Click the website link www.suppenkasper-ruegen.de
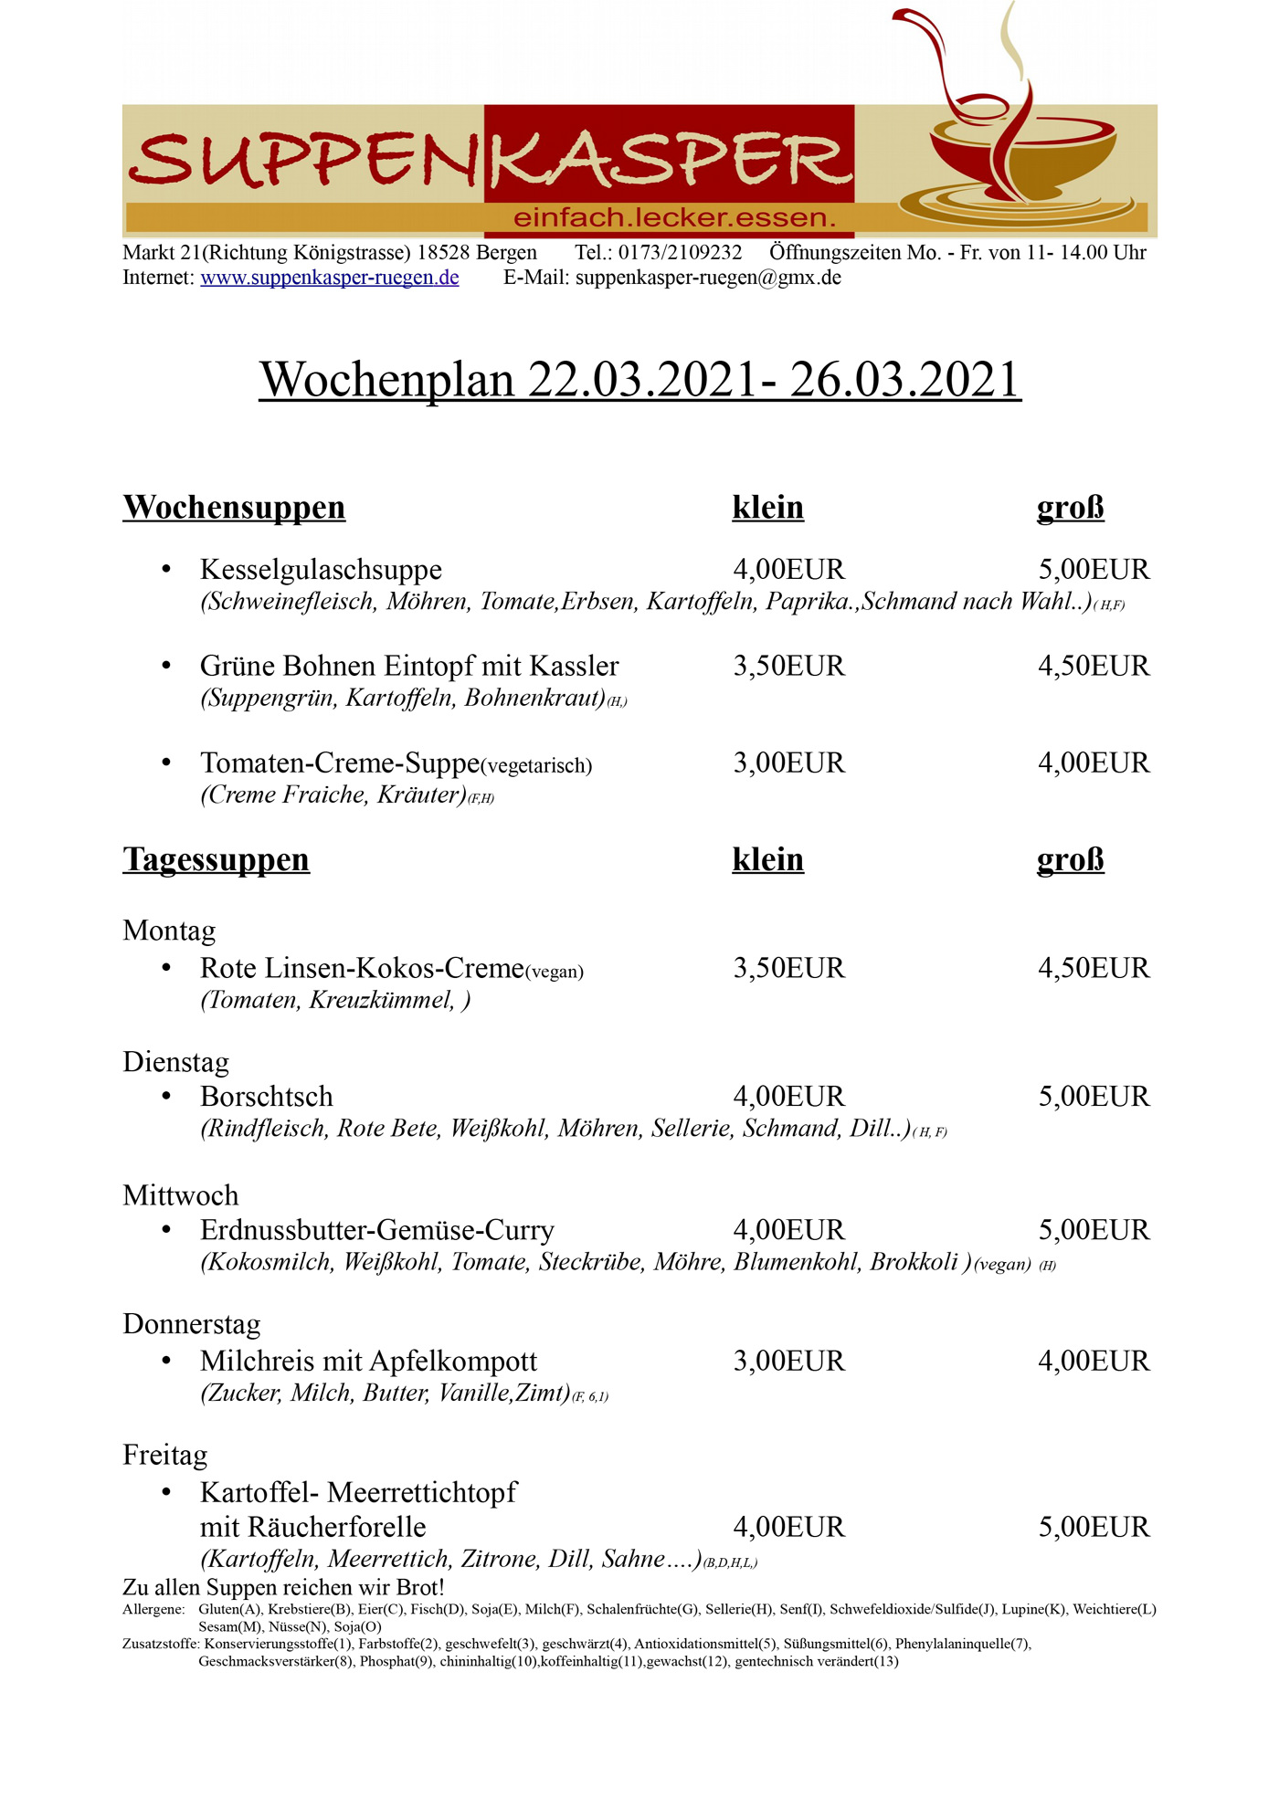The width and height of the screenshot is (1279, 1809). [329, 278]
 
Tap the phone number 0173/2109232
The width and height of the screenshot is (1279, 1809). [680, 253]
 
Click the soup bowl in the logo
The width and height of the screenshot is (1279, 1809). [1022, 155]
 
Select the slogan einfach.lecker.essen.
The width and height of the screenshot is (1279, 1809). [674, 218]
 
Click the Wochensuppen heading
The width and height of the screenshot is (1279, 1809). [234, 508]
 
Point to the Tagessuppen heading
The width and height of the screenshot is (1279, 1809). [217, 860]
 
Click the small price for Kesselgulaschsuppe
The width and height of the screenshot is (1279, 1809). [788, 570]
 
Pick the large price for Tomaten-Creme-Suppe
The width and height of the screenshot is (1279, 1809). [1094, 763]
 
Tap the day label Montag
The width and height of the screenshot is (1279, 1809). [169, 931]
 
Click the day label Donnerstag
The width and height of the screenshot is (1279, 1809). [192, 1324]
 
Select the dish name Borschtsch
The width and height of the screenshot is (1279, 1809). [267, 1097]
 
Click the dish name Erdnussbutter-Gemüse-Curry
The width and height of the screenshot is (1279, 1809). [377, 1231]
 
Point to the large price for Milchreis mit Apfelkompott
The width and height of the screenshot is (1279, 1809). [1094, 1362]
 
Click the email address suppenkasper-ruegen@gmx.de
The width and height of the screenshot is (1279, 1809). [708, 278]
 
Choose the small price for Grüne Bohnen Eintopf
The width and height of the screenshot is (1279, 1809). [788, 667]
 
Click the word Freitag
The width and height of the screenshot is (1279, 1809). [165, 1456]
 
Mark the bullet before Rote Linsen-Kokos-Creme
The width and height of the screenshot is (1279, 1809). [166, 968]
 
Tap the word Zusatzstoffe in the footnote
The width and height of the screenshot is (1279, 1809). [160, 1644]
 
